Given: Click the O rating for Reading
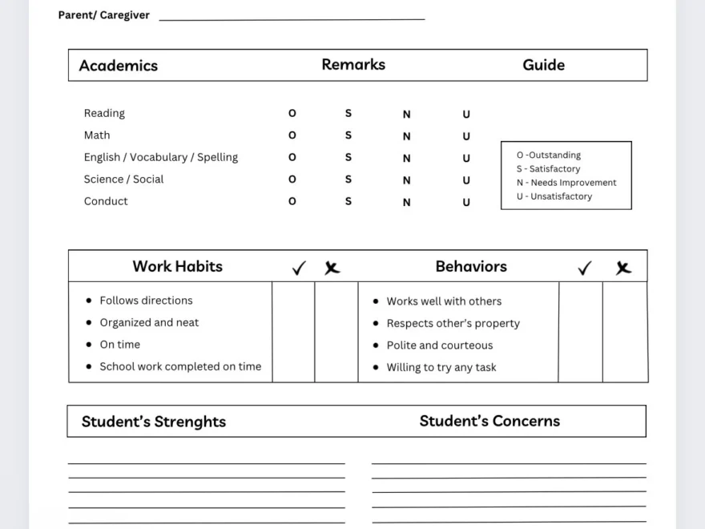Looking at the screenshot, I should [x=292, y=114].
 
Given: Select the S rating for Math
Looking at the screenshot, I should [x=348, y=135].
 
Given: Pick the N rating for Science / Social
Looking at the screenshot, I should [x=407, y=180].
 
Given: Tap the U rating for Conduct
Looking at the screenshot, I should [x=466, y=203].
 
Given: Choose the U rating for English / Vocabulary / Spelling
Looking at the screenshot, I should [x=466, y=159].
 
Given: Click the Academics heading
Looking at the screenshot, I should [x=119, y=66].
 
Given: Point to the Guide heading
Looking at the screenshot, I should [x=543, y=65].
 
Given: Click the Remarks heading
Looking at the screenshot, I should [x=353, y=65].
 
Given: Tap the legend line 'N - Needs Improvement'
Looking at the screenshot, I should [x=566, y=183].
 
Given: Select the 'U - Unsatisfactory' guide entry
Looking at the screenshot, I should [x=554, y=196].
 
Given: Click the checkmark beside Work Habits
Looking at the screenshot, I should [x=299, y=269].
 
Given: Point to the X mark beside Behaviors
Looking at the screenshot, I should [x=622, y=269].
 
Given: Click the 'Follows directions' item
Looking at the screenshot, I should [x=146, y=301].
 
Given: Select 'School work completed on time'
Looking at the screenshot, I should [x=180, y=366].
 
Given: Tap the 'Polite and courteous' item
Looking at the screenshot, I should [x=440, y=345].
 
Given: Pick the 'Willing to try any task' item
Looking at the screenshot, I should [x=441, y=367].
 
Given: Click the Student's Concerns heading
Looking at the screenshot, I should [x=489, y=421].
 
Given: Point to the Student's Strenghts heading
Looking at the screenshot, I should [x=154, y=422].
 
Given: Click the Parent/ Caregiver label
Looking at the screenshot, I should [x=104, y=15].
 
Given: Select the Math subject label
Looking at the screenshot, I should [x=97, y=135].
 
